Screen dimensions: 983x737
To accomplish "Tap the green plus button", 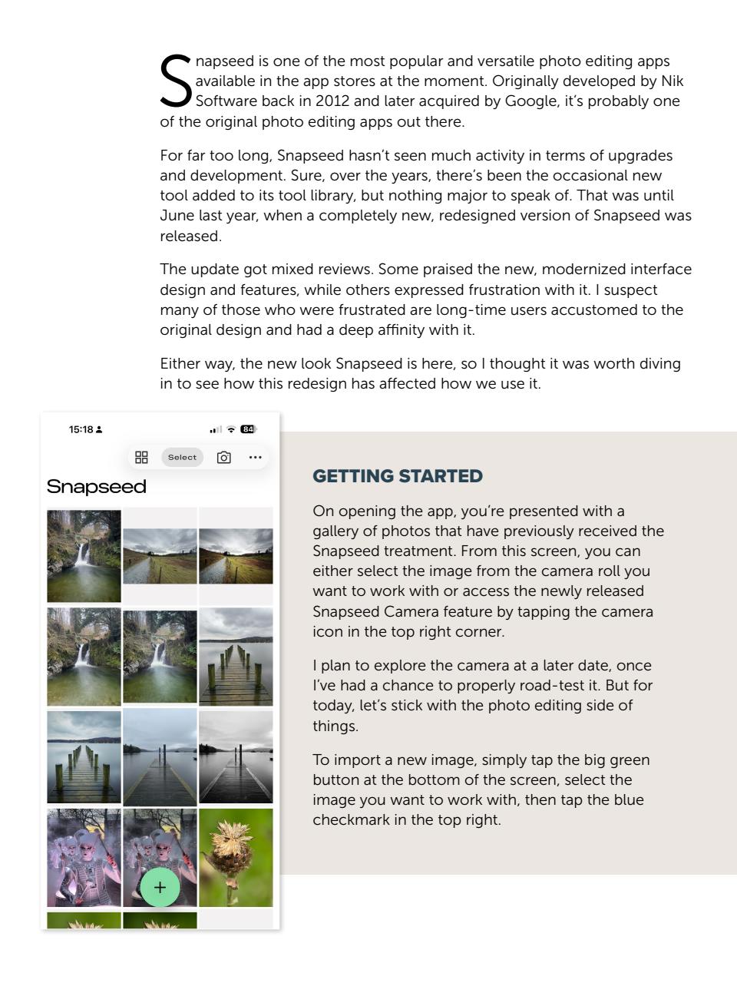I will [x=160, y=888].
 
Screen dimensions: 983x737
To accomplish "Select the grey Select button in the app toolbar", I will [x=182, y=457].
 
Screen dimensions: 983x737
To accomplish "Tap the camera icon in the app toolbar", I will [x=223, y=458].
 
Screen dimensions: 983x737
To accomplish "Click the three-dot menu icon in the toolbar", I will [x=255, y=458].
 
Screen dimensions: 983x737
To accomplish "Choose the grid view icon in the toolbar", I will [x=141, y=458].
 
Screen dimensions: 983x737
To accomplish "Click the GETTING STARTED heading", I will [x=398, y=476].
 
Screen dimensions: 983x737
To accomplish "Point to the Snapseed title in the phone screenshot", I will [x=96, y=487].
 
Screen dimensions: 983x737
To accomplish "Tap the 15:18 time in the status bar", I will [x=80, y=429].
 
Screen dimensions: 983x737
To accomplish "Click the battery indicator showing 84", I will [x=248, y=429].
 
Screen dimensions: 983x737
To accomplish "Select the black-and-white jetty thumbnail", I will [x=236, y=757].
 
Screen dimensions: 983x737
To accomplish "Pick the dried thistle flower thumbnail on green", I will [x=236, y=857].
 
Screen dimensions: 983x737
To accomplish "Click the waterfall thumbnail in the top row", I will [x=84, y=556].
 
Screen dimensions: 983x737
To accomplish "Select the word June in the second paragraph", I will [x=174, y=217].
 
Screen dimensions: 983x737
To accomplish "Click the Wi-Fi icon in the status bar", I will [x=230, y=429].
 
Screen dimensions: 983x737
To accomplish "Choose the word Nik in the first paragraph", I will [x=672, y=81].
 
